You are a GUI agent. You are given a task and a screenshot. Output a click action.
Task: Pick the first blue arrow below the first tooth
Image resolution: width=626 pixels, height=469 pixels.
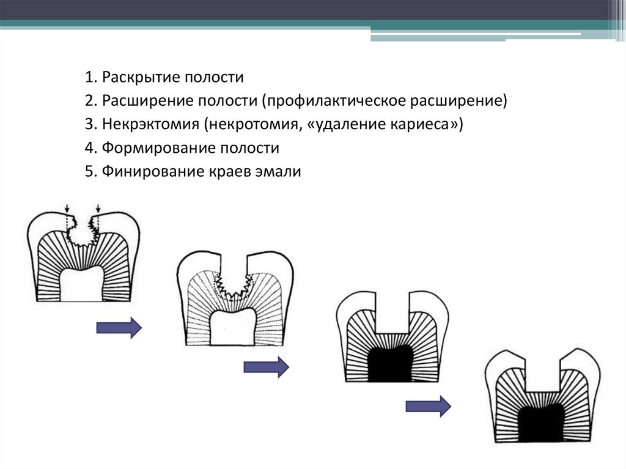click(x=119, y=328)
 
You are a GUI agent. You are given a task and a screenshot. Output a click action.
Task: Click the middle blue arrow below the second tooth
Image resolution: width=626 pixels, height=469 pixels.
click(x=266, y=367)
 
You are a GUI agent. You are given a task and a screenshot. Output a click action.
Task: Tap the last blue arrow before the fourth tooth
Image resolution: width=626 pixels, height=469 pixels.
click(x=428, y=406)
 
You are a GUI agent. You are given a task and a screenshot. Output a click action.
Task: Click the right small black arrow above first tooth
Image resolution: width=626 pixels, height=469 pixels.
click(x=98, y=210)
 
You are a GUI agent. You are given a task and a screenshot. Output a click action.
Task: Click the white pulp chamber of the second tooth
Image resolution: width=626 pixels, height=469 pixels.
click(x=232, y=328)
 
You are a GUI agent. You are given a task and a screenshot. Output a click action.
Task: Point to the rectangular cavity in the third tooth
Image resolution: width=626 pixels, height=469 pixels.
click(x=391, y=312)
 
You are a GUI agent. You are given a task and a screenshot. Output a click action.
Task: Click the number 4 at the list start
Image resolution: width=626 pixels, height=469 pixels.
click(x=89, y=148)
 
